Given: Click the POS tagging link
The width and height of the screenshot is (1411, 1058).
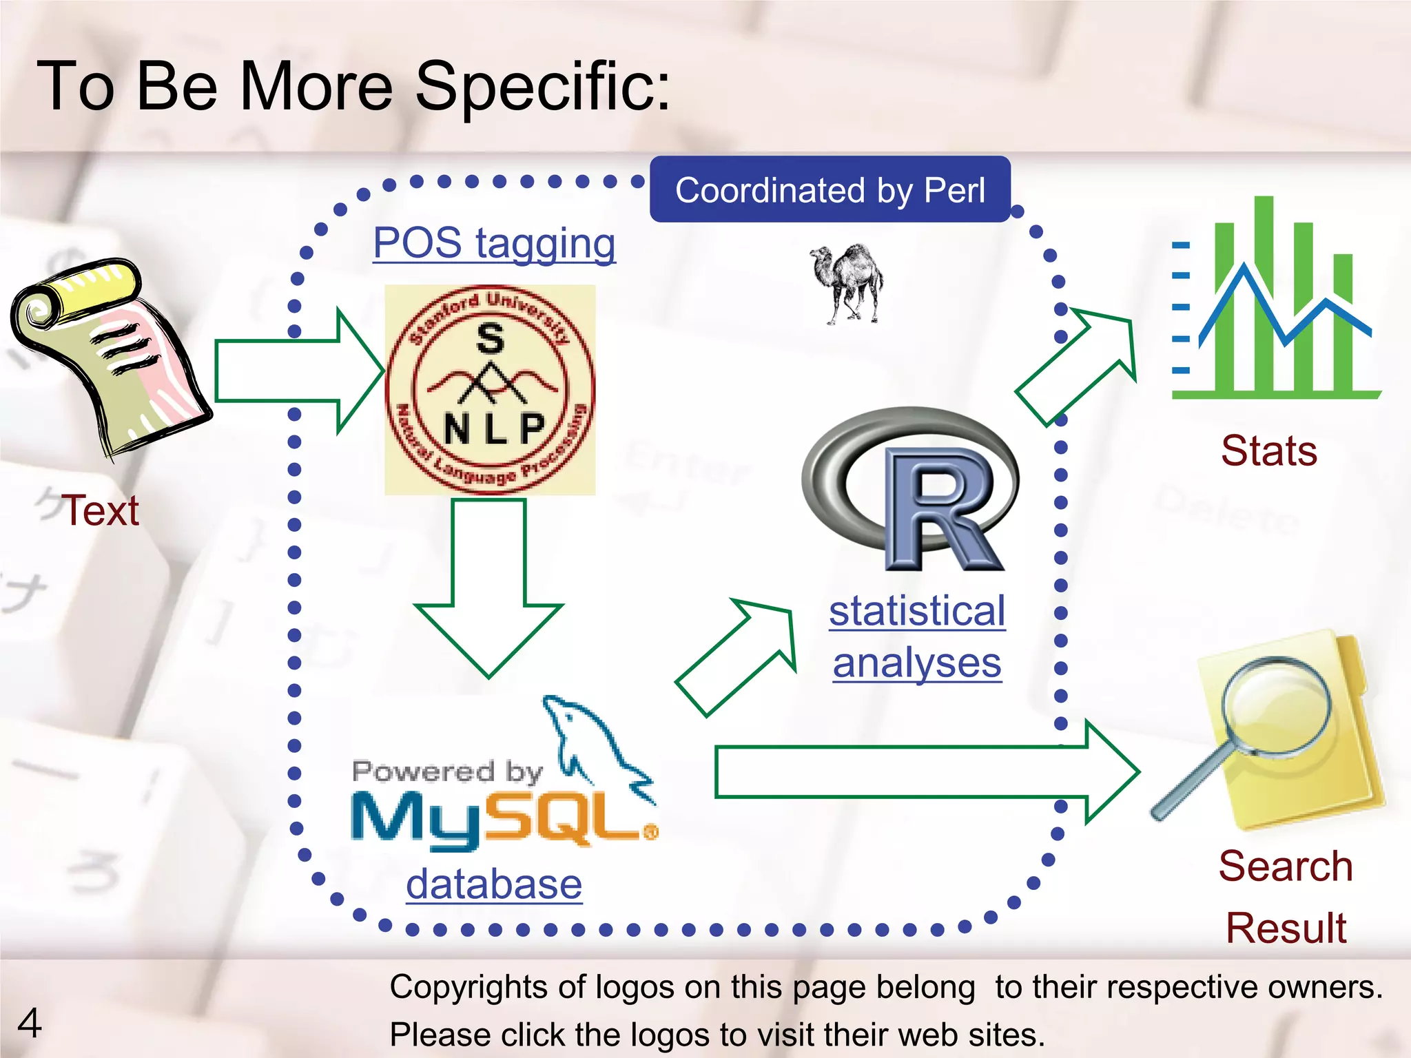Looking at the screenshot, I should coord(494,244).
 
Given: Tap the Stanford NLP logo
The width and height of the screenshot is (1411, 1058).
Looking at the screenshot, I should coord(490,390).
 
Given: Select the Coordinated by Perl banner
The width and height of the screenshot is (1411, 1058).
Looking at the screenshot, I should coord(830,190).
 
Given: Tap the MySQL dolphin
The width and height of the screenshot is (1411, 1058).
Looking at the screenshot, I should coord(593,744).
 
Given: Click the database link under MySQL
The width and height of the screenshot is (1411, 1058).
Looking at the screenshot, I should coord(494,884).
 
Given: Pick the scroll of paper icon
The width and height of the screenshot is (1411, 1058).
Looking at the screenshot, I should coord(110,355).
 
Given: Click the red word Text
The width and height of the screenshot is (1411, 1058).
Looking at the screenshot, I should coord(101,511).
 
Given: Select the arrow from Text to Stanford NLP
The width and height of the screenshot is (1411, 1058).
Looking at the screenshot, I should coord(296,371).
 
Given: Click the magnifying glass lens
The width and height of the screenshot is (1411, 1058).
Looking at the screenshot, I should coord(1276,707).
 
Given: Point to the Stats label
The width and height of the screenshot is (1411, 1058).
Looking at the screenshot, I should coord(1269,451).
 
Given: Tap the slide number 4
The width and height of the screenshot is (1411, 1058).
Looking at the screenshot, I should coord(29,1024).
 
